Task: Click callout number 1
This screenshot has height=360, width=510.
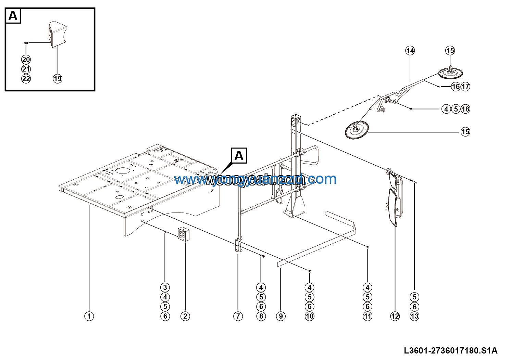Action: [x=89, y=316]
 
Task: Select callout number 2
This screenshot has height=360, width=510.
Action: [x=185, y=316]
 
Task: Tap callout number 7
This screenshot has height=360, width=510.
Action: [x=238, y=316]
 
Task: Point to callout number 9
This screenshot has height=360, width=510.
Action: [x=281, y=316]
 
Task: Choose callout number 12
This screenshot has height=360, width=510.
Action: [x=395, y=316]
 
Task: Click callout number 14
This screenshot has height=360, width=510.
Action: [x=410, y=51]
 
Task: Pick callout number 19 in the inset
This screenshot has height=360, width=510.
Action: [x=58, y=79]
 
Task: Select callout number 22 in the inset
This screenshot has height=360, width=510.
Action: [x=26, y=79]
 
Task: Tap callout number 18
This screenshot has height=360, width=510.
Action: [x=465, y=109]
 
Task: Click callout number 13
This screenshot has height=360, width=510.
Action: [x=414, y=316]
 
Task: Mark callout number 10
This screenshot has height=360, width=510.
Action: [x=310, y=316]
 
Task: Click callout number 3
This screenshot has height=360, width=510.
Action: [x=165, y=287]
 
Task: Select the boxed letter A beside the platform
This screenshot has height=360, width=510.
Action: [x=239, y=156]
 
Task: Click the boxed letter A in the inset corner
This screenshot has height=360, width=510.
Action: [x=13, y=16]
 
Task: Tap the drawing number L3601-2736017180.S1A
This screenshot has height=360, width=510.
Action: [x=450, y=351]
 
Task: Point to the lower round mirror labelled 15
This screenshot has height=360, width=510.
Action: [x=357, y=130]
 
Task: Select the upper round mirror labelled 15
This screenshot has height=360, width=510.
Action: [x=450, y=73]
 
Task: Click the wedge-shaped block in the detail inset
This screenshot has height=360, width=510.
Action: [x=58, y=34]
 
